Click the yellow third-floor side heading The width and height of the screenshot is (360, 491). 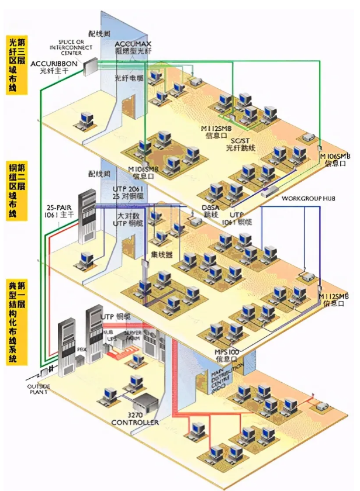(x=17, y=64)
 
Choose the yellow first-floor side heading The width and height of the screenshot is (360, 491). (x=17, y=321)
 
